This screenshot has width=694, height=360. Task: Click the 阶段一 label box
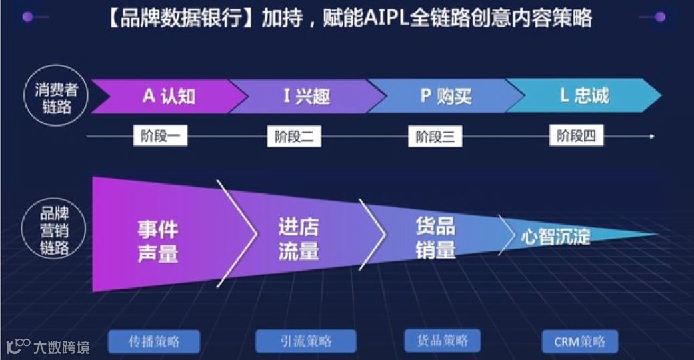click(160, 136)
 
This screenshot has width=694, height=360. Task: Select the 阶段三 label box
click(435, 137)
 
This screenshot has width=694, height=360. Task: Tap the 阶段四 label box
click(576, 136)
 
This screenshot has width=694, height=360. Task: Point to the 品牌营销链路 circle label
click(56, 231)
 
